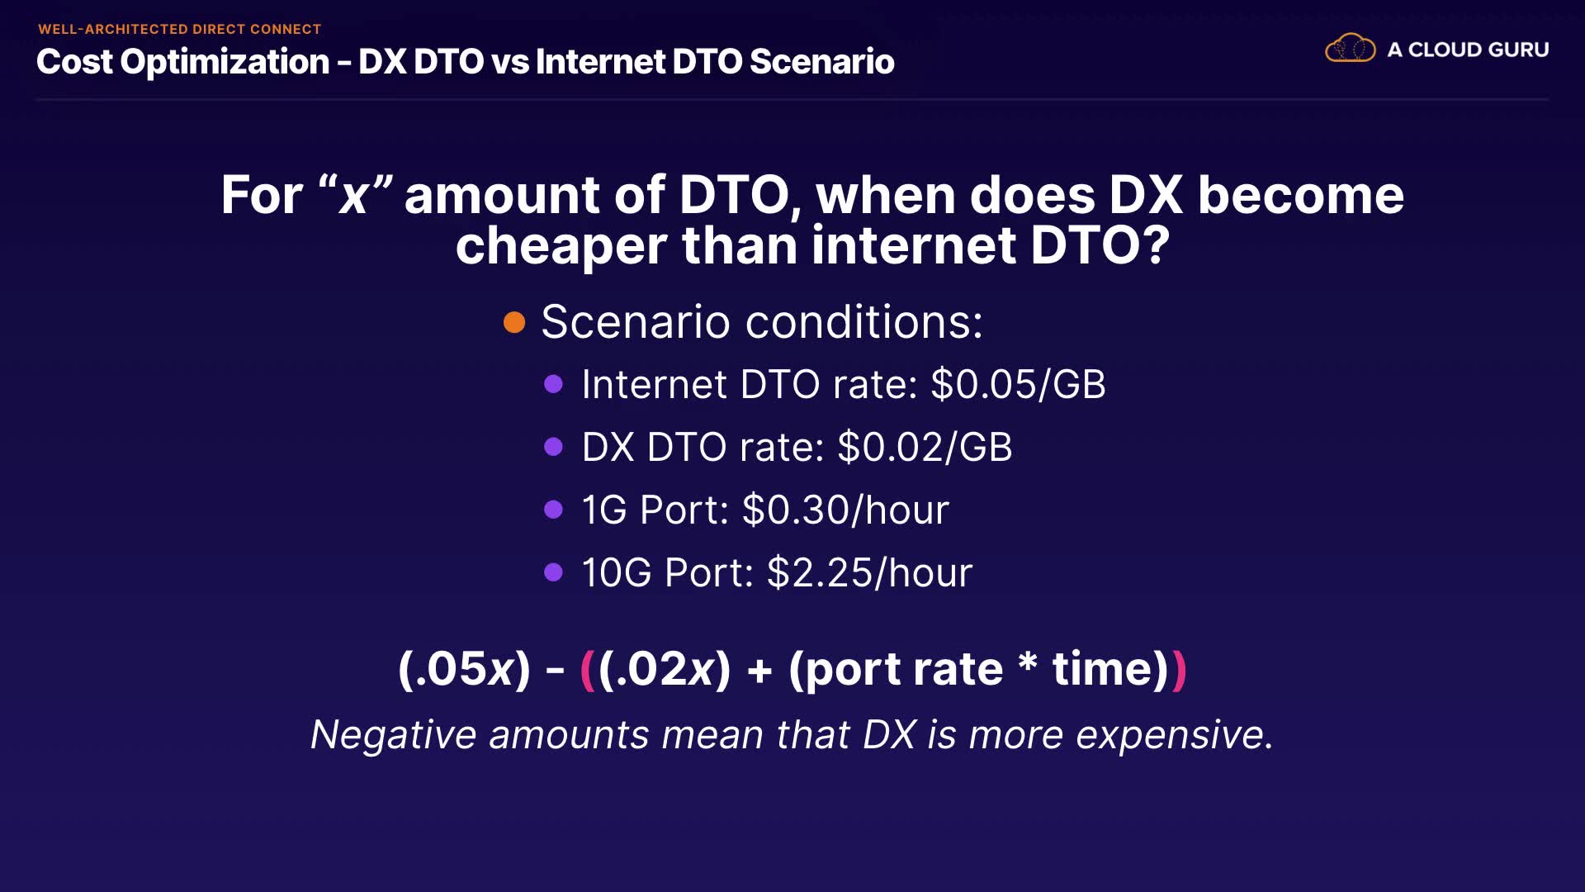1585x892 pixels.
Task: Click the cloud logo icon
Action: (1351, 48)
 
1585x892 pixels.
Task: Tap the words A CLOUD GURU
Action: (1468, 50)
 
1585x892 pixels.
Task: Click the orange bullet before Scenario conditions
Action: (514, 322)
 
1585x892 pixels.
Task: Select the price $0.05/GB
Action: (1018, 384)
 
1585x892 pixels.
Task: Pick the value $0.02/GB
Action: (925, 447)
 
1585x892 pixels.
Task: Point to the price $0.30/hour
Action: (845, 510)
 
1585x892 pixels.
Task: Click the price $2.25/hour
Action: (869, 572)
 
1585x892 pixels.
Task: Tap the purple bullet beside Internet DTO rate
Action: (554, 384)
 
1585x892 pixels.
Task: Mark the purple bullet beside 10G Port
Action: (554, 572)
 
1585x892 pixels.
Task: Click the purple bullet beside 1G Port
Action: (554, 510)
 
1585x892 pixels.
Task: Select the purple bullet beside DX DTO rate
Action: (554, 447)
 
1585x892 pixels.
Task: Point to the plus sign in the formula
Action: (759, 670)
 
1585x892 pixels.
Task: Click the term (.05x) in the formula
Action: (464, 669)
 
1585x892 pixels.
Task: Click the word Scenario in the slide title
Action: (822, 62)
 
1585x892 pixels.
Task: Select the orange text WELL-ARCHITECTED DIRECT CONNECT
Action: (179, 29)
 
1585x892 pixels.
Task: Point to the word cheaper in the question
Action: (561, 246)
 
